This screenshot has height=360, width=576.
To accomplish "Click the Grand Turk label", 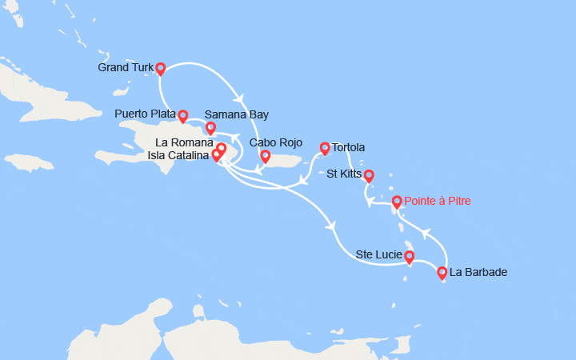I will pos(125,67).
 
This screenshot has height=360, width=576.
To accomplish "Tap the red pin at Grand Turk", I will pos(160,68).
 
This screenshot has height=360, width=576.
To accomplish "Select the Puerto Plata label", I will pos(145,114).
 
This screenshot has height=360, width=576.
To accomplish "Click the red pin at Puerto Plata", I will pos(183,115).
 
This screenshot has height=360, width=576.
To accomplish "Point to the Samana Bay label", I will pos(237,114).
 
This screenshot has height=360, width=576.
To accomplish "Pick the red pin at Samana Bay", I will pos(210,127).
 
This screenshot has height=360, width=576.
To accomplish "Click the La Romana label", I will pos(180,142).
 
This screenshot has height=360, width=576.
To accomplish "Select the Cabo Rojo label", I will pos(276,142).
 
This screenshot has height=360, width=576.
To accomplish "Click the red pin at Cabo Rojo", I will pos(265,155).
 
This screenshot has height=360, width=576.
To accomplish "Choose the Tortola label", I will pos(349,147).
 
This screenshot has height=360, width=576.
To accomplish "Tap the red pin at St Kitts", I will pos(369,175).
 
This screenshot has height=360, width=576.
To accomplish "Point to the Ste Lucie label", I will pos(378,255).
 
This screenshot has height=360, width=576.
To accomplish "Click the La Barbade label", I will pos(478,273).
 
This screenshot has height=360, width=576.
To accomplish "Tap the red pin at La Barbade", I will pos(442,273).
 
